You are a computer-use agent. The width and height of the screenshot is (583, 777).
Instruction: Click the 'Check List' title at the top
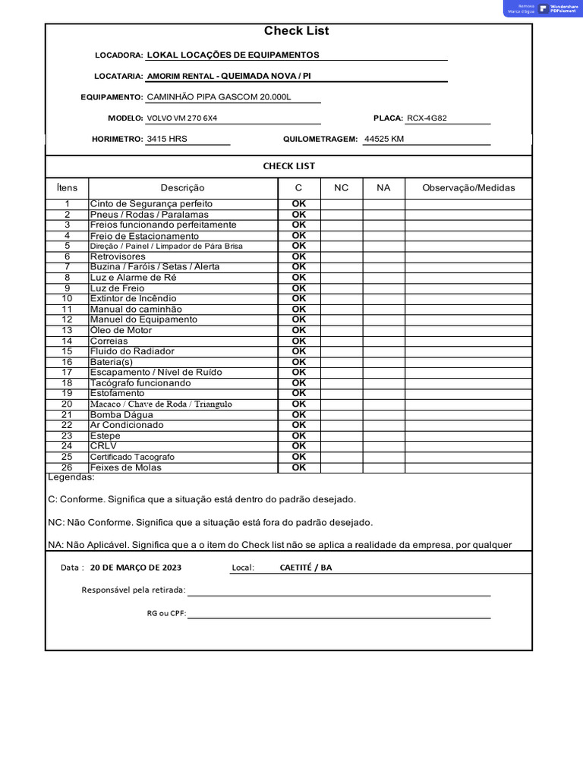coord(296,31)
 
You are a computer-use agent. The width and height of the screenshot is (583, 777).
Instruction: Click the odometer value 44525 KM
coord(384,140)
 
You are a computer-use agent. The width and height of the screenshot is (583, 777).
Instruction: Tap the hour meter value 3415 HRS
coord(167,140)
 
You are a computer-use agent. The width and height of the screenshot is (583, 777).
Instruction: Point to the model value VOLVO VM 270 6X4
coord(187,118)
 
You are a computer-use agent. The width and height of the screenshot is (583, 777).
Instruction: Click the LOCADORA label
coord(118,55)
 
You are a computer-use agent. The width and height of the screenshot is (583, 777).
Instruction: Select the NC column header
coord(342,187)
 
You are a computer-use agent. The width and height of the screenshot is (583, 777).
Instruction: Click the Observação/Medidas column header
coord(468,187)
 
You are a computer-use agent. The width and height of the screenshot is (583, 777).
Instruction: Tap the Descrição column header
coord(182,187)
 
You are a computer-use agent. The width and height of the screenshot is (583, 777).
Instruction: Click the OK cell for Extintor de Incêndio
coord(299,299)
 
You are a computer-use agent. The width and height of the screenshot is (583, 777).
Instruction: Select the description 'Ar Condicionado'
coord(127,425)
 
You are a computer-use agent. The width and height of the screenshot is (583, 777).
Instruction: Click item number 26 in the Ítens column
coord(67,467)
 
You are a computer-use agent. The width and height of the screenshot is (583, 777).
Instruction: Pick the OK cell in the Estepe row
coord(299,436)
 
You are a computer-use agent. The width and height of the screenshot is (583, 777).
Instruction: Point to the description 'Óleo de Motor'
coord(121,330)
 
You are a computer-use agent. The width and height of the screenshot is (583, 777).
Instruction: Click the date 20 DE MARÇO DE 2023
coord(136,568)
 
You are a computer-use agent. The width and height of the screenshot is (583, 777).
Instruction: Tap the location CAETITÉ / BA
coord(306,568)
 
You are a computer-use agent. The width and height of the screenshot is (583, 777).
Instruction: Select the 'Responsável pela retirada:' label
coord(134,590)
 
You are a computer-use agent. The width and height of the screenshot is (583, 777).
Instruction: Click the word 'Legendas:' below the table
coord(71,477)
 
